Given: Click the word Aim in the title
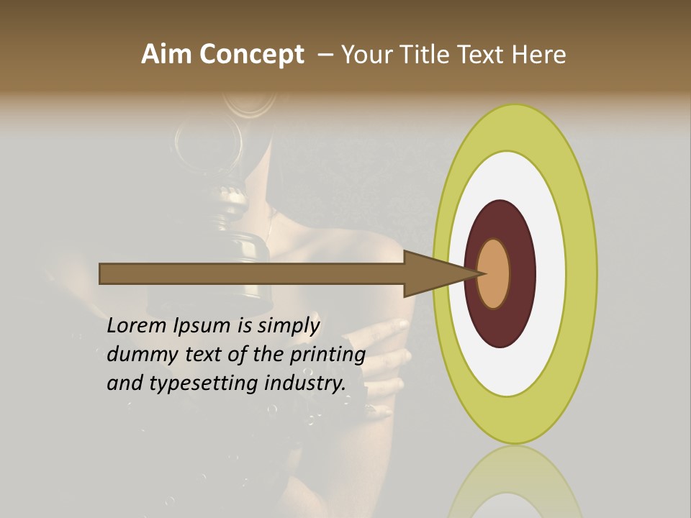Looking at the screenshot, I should (164, 55).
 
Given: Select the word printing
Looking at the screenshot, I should (327, 355).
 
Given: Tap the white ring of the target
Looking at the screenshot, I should (550, 273).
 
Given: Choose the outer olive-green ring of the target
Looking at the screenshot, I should (582, 273).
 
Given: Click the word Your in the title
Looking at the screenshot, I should (365, 55).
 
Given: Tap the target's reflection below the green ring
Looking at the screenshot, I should (515, 482).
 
